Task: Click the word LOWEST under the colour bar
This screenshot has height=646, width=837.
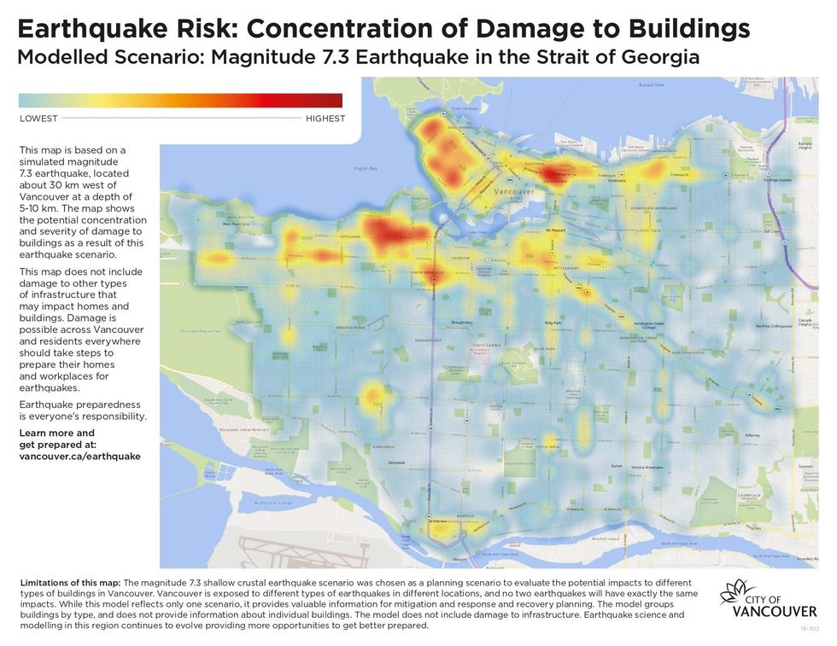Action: coord(38,119)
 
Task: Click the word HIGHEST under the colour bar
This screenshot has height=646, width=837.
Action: coord(325,119)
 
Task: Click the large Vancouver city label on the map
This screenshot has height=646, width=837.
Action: coord(515,193)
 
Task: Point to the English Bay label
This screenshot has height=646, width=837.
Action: coord(366,169)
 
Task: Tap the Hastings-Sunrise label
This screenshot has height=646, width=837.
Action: coord(778,181)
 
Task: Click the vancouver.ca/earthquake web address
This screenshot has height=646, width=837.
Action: coord(79,457)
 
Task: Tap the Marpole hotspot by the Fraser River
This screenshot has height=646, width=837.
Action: coord(440,529)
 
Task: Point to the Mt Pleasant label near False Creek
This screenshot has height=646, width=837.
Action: coord(557,230)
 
